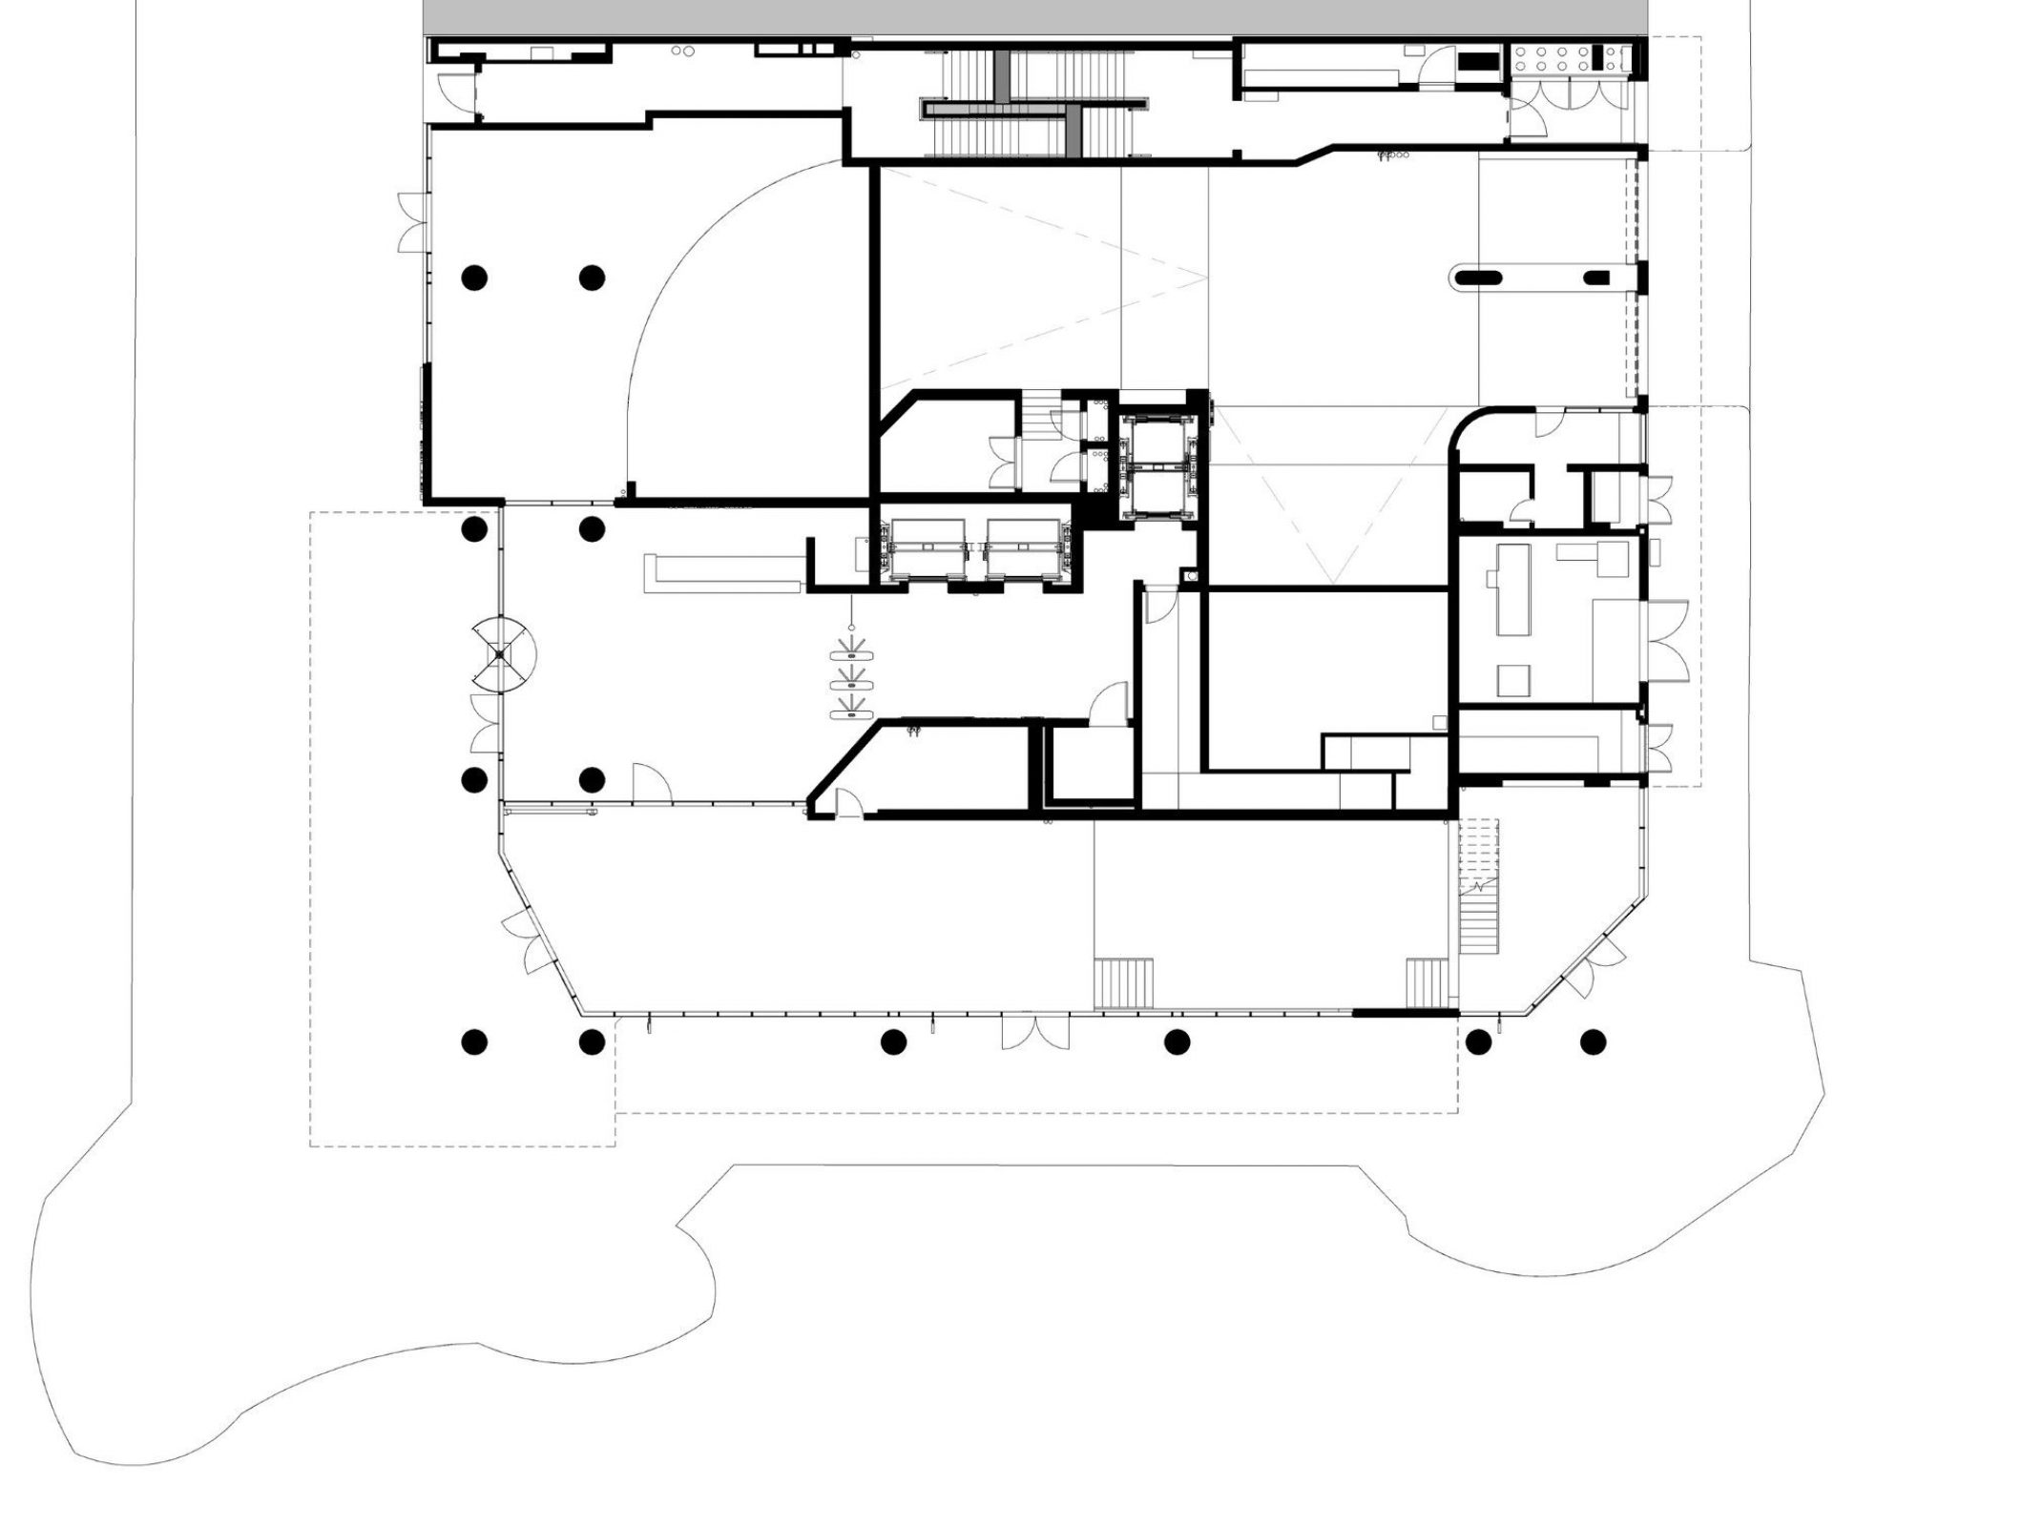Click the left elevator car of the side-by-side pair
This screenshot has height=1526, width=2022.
(928, 549)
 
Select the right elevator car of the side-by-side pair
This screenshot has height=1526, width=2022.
(1023, 549)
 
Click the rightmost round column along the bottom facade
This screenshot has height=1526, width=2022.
(1591, 1042)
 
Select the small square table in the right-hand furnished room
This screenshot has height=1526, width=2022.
(1513, 680)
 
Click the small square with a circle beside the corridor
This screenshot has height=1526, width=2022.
(1192, 576)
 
